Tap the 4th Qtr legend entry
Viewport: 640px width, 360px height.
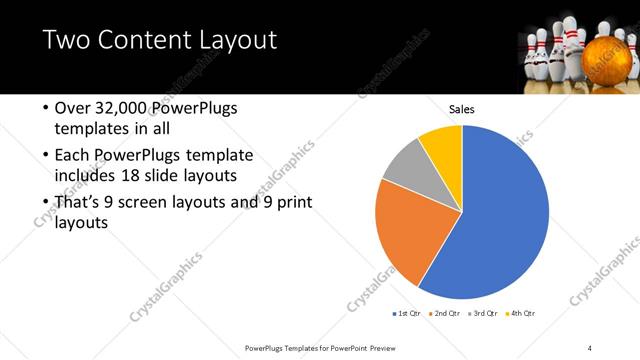click(519, 314)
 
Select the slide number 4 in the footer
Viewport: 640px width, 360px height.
click(589, 347)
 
